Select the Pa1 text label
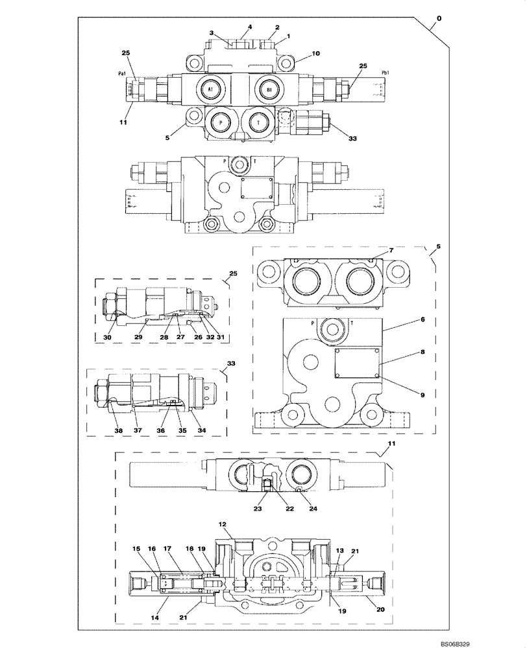point(122,74)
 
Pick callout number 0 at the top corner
point(439,19)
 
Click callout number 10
point(315,54)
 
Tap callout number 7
point(391,251)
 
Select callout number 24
point(315,509)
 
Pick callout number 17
point(167,549)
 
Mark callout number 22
point(289,509)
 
